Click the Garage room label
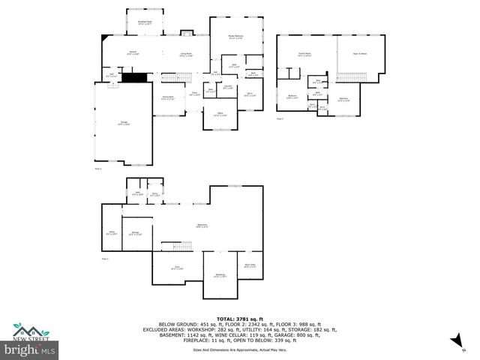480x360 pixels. click(x=123, y=124)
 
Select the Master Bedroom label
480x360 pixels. click(x=236, y=37)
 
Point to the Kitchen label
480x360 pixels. click(x=132, y=53)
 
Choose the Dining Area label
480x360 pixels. click(x=168, y=97)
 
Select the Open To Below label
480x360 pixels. click(x=362, y=55)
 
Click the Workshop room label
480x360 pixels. click(x=220, y=275)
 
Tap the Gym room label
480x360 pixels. click(x=177, y=268)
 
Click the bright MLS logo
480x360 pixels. click(x=31, y=349)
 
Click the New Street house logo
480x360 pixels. click(x=30, y=330)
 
